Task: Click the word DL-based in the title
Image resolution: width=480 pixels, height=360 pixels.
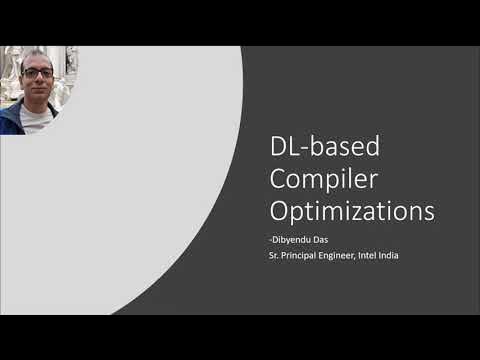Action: click(x=325, y=147)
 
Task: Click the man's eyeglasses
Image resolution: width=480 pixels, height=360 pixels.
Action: click(x=38, y=72)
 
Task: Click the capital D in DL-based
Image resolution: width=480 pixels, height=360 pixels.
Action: click(x=281, y=147)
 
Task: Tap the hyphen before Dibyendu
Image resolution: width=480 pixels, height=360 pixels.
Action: click(x=274, y=240)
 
